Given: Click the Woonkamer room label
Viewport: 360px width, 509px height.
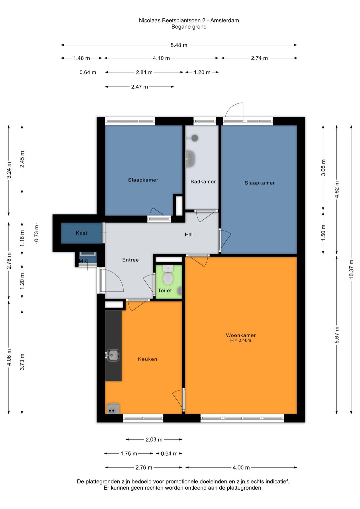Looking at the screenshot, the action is coord(241,335).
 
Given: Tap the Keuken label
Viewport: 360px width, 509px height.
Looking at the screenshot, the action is coord(147,359).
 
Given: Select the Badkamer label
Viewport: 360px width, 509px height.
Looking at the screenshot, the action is coord(203,181).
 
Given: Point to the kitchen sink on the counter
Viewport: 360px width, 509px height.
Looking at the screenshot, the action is coord(113,355).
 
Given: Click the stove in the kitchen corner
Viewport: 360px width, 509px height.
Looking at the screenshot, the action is coord(113,408).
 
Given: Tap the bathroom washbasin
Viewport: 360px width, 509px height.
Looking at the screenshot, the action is coord(190,159).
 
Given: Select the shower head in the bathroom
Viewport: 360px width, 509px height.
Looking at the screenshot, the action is coord(195,138).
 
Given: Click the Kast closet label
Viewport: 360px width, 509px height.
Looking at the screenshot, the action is coord(82,233).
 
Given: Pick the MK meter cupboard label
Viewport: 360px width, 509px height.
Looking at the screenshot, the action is coord(83,261).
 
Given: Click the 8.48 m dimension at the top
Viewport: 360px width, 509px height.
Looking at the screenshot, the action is coord(179,45).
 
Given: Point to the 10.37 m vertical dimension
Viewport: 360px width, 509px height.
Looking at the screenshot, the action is coord(351,269).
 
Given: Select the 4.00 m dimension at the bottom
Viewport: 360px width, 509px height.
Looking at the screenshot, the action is coord(241,467).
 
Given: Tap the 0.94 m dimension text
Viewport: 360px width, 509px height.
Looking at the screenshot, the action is coord(169,454).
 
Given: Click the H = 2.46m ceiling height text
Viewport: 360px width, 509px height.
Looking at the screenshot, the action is coord(241,341).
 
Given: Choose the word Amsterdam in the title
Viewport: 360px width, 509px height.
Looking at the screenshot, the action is coord(224,20).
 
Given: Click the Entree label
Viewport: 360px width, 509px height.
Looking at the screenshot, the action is coord(130,260).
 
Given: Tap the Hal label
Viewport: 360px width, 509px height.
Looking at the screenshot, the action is coord(189,234).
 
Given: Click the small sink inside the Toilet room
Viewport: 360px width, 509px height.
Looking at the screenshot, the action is coord(180,290).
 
